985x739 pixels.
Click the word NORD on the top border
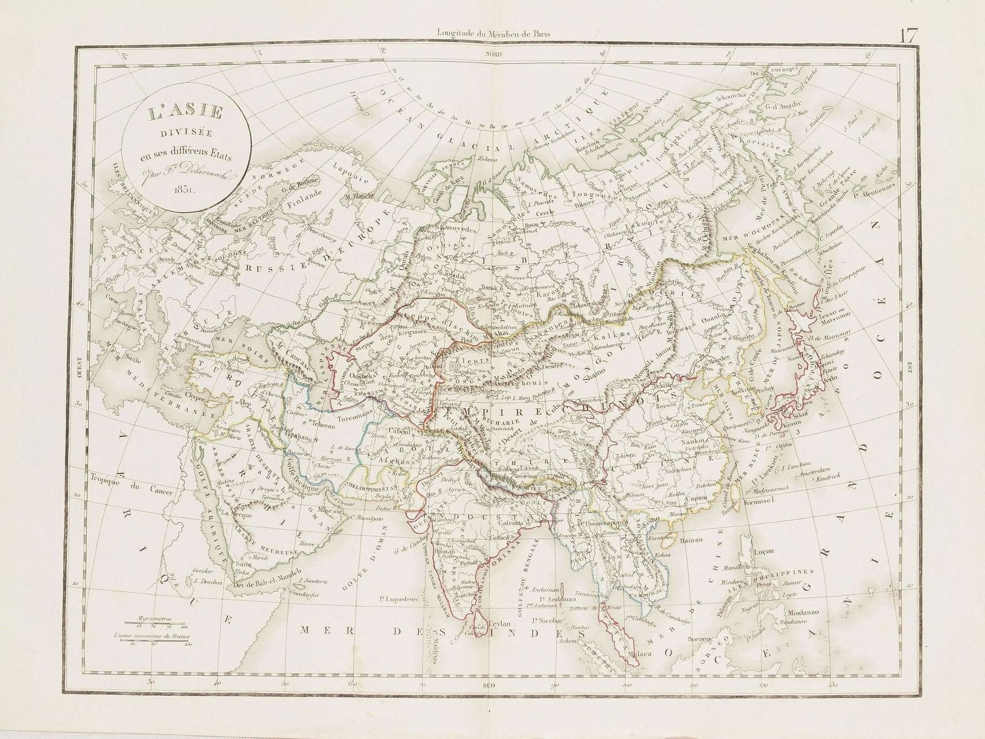tap(492, 55)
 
